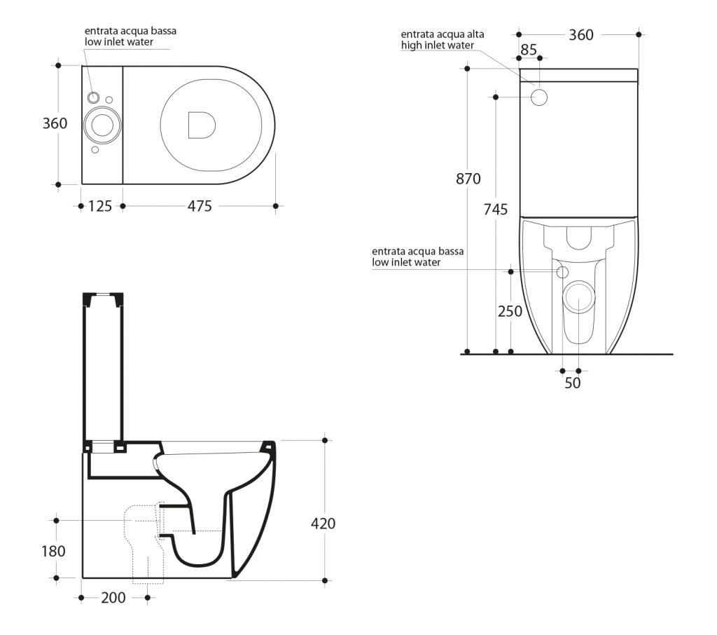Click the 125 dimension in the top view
(100, 206)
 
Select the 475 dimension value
(200, 206)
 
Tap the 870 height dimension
(468, 179)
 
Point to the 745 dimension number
(496, 210)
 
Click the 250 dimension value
(510, 311)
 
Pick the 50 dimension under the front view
(573, 383)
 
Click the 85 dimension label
(529, 50)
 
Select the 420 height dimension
(323, 524)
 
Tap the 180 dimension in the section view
(53, 551)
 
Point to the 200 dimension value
(113, 597)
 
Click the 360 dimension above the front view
(581, 35)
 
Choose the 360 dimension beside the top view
(55, 123)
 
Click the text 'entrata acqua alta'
(443, 34)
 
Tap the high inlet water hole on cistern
(540, 97)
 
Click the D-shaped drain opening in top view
(201, 125)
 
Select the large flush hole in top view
(102, 125)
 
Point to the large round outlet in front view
(579, 296)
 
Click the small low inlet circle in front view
(562, 272)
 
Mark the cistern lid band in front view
(578, 76)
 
